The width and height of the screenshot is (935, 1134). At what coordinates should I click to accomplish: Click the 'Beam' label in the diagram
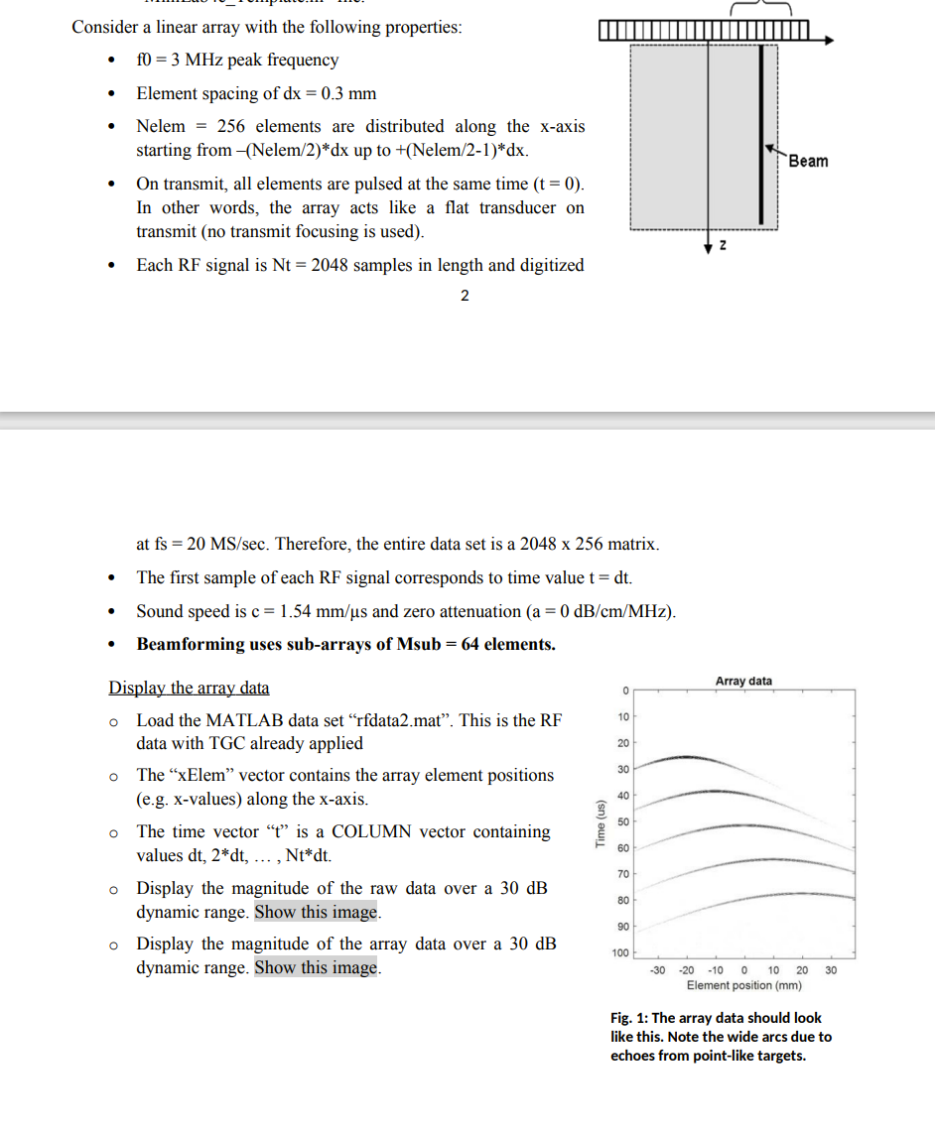[x=809, y=161]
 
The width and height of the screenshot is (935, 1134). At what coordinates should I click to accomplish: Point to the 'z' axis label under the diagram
[x=722, y=244]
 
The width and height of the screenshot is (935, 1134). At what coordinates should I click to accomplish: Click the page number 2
[x=465, y=297]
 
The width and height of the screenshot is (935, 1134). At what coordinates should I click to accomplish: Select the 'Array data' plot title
[x=743, y=681]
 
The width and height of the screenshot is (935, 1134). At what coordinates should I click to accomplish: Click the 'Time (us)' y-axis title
[x=599, y=822]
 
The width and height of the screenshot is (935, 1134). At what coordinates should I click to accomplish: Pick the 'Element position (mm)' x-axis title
[x=743, y=985]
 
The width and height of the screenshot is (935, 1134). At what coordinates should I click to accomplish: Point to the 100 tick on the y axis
[x=620, y=952]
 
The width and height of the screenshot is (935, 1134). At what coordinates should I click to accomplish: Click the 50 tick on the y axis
[x=622, y=821]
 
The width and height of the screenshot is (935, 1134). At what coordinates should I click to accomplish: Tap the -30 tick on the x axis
[x=656, y=970]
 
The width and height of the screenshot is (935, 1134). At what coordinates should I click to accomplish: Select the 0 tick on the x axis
[x=744, y=970]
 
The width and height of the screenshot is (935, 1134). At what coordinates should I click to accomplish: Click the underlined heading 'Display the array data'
[x=189, y=688]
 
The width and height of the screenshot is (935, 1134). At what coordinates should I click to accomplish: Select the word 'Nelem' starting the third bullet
[x=161, y=126]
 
